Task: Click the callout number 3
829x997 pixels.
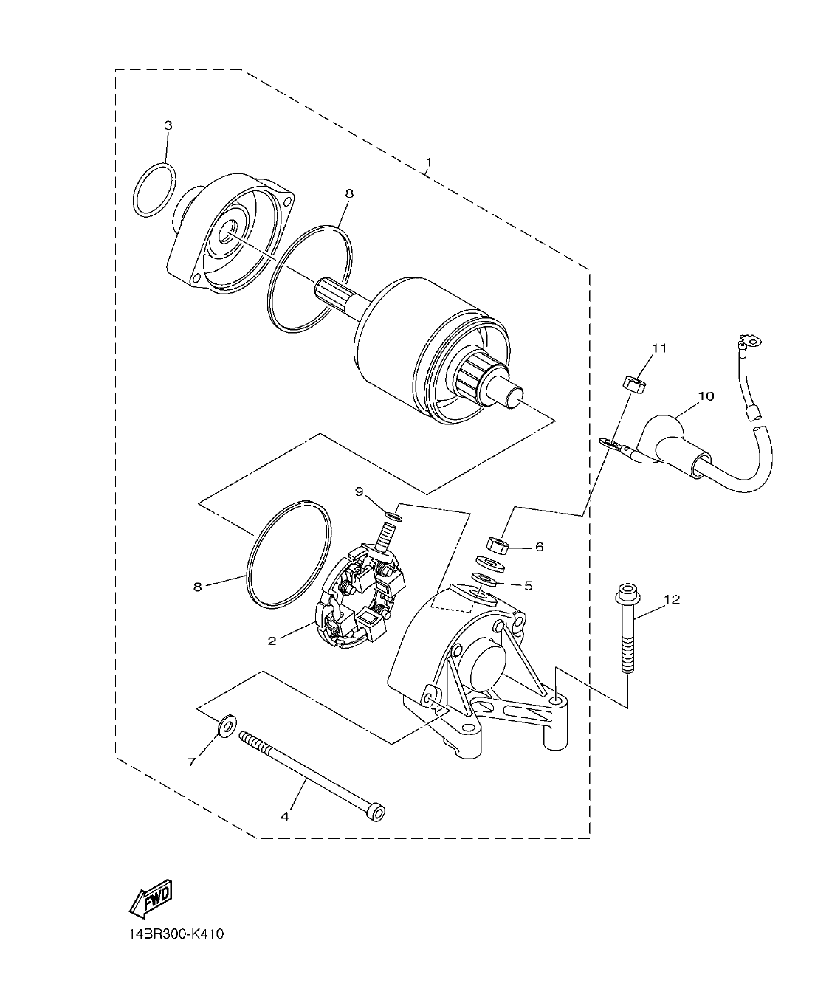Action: (168, 125)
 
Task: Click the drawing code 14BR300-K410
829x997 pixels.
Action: (175, 934)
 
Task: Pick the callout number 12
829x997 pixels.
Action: (670, 599)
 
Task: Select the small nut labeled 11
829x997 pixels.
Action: (632, 384)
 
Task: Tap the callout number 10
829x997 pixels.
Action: (706, 396)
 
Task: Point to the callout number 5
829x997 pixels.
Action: (528, 585)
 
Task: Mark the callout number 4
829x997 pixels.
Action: (285, 816)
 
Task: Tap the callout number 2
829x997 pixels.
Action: (272, 641)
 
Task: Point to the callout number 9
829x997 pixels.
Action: (360, 491)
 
